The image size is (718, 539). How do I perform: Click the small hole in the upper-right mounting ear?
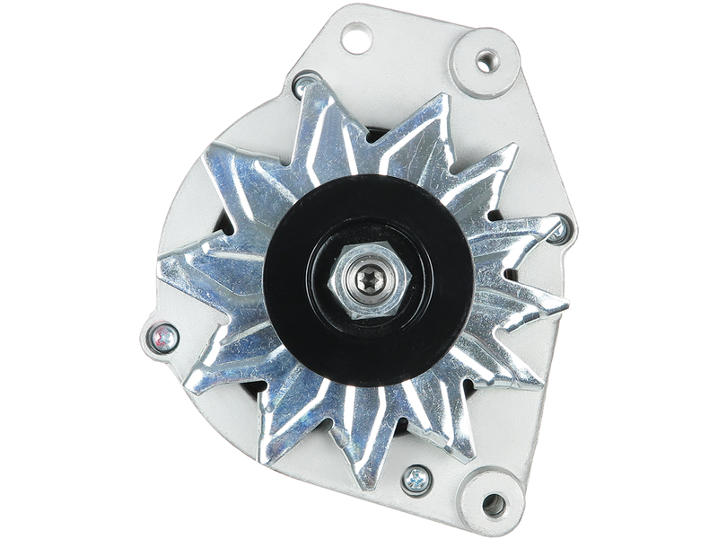[486, 62]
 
